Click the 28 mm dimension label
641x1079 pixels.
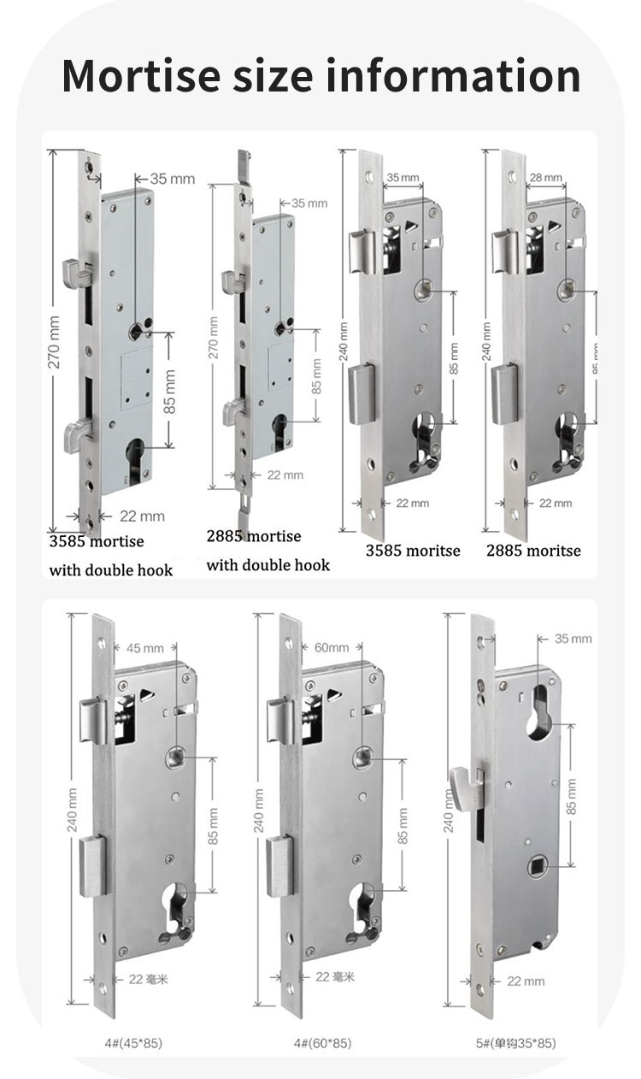(546, 178)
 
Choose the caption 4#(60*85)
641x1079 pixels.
(320, 1042)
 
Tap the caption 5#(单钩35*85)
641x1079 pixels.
(505, 1042)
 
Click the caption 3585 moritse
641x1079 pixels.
(413, 551)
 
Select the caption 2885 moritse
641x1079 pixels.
(533, 551)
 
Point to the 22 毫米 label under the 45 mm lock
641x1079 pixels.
(147, 979)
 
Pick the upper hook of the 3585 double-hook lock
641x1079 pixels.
(71, 274)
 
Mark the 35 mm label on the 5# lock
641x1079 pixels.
(573, 639)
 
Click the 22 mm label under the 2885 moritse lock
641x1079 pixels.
(556, 503)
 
